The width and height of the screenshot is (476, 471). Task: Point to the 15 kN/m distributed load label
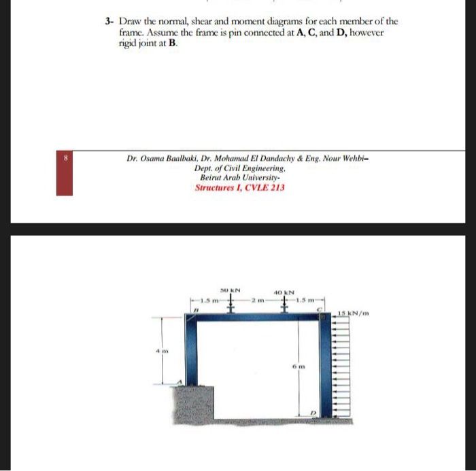coord(354,313)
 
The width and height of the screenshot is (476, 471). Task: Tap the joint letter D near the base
coord(314,412)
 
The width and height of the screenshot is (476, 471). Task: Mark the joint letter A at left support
coord(179,382)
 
